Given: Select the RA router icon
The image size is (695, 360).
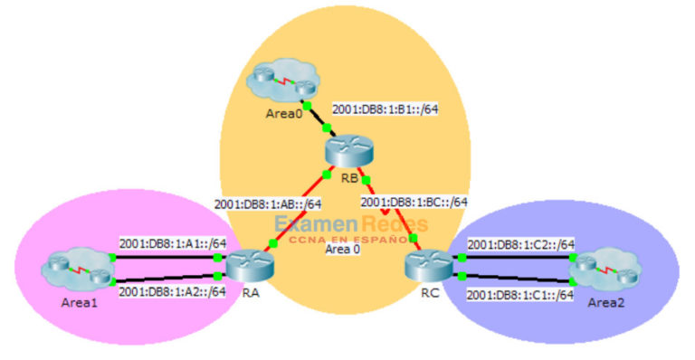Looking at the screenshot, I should [243, 265].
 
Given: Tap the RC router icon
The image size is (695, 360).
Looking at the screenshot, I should [423, 263].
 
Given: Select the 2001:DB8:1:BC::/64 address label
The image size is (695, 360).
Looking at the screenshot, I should [414, 201].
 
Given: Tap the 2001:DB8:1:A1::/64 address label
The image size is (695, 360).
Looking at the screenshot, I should [172, 242].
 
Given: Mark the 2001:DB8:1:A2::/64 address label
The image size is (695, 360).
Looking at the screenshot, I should [172, 290].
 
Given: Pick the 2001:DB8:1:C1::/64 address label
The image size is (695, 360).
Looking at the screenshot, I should [520, 294].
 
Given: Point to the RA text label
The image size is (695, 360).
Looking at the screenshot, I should [251, 291].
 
